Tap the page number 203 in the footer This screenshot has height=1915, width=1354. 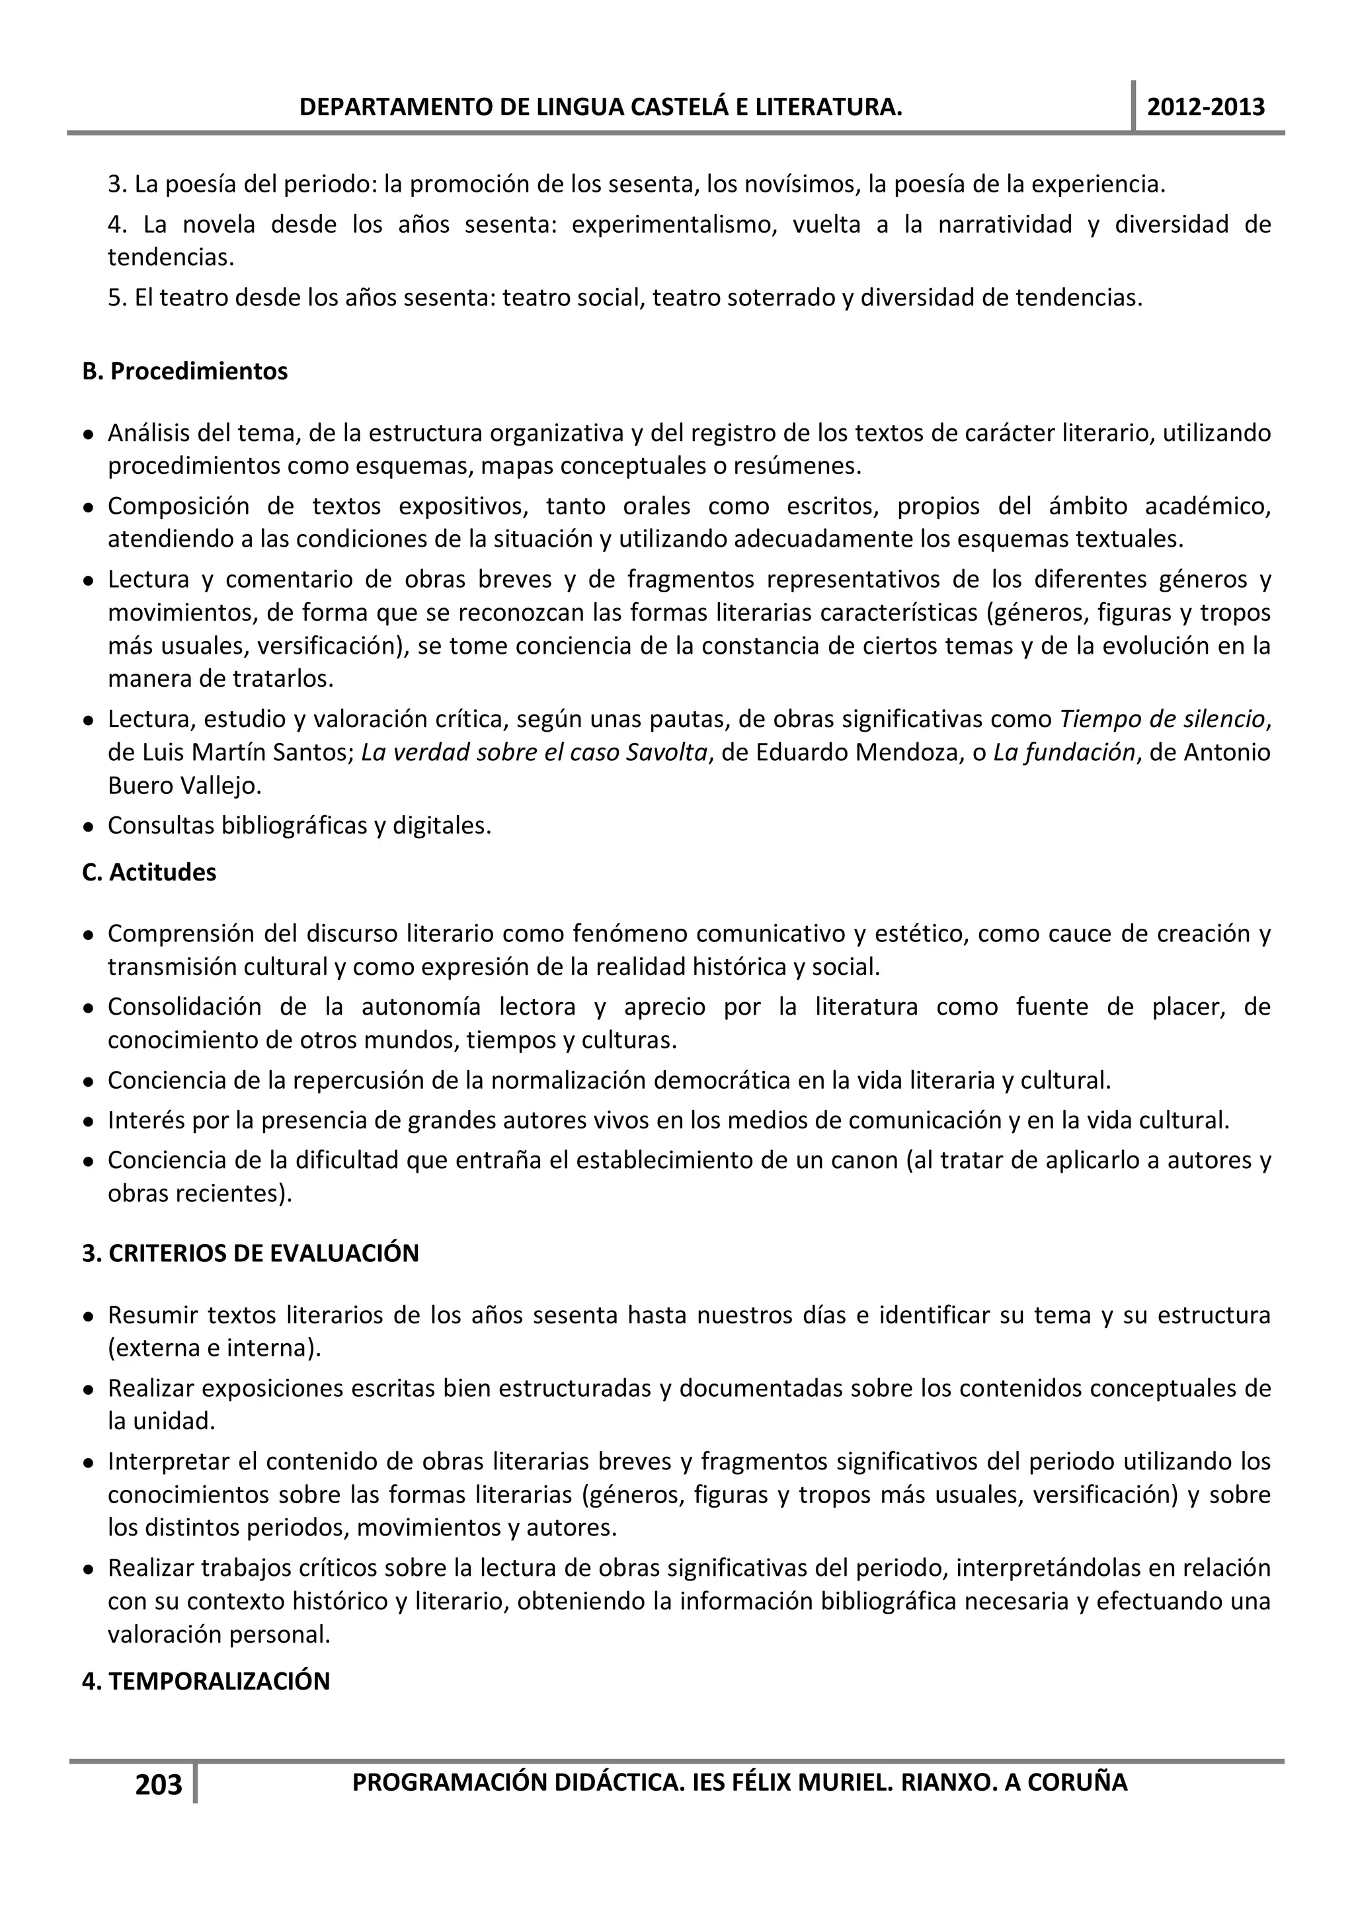159,1784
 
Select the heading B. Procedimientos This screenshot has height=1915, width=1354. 184,371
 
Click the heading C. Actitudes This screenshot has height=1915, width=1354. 149,873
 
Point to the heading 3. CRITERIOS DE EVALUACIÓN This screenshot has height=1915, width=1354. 251,1253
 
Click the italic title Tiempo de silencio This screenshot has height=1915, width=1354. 1162,719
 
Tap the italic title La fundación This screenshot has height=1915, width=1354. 1064,752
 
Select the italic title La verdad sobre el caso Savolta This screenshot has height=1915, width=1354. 534,752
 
